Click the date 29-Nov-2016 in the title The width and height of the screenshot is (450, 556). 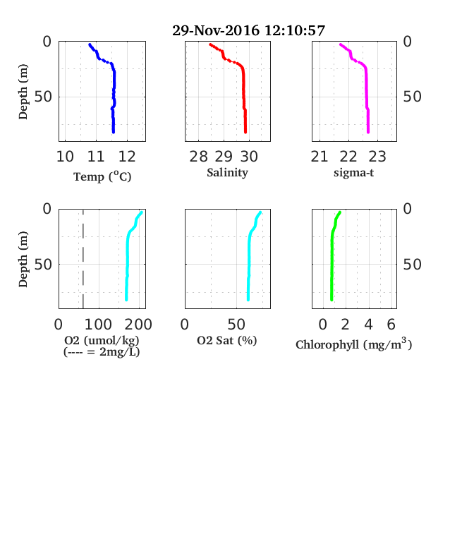[216, 30]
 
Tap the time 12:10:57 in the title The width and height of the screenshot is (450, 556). [295, 30]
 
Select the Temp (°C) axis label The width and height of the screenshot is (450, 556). [102, 176]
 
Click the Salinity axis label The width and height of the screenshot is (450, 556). [227, 173]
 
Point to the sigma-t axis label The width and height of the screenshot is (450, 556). [353, 173]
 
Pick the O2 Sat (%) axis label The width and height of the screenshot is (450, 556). [227, 340]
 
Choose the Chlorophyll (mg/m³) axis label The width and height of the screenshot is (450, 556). [353, 344]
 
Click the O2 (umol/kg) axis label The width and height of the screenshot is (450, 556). [102, 340]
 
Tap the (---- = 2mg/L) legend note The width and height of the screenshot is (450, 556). [102, 352]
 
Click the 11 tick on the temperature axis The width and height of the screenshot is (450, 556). [96, 157]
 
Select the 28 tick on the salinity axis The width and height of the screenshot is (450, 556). [198, 157]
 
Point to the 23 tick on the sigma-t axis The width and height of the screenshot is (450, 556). [377, 157]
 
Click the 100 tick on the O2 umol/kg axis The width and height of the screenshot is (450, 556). [99, 324]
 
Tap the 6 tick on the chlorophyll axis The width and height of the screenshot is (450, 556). [391, 324]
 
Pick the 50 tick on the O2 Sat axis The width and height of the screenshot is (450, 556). [236, 324]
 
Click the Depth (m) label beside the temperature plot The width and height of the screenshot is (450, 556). [23, 92]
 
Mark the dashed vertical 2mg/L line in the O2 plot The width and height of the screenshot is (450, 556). [83, 259]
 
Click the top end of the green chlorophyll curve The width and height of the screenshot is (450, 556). [340, 212]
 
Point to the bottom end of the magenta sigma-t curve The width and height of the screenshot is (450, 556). [368, 132]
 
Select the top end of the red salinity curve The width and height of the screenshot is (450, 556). [210, 44]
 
